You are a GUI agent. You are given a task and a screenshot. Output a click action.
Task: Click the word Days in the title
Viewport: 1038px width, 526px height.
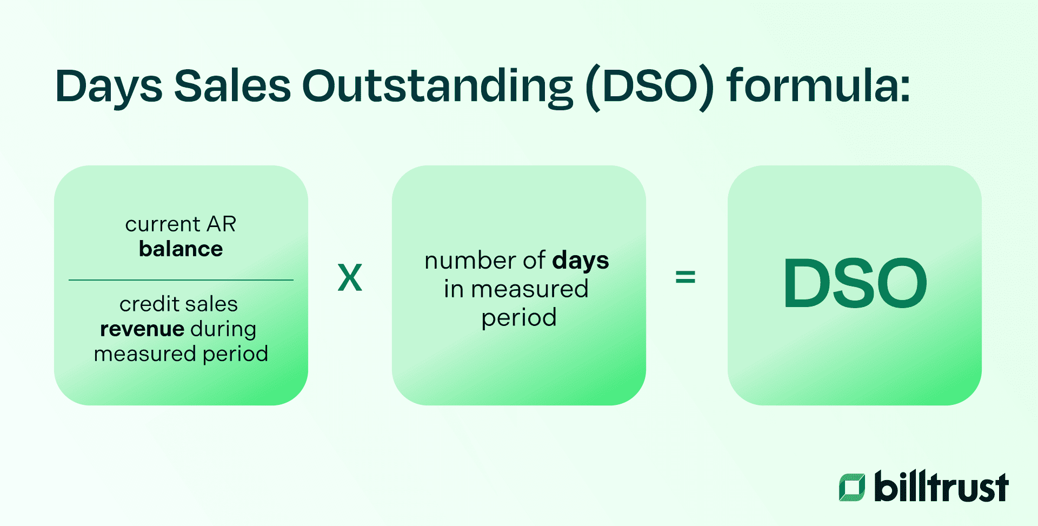[x=108, y=86]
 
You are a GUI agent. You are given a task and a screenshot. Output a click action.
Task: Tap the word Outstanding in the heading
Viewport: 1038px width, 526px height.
[x=437, y=86]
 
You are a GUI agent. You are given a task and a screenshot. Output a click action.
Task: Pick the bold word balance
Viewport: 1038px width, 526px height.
[x=181, y=249]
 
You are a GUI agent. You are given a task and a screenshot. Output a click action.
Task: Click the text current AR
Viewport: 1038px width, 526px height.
[x=181, y=224]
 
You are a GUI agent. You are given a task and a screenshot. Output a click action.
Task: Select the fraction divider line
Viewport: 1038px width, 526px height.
[x=181, y=280]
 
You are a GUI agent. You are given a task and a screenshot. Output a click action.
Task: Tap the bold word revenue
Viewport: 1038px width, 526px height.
[x=142, y=329]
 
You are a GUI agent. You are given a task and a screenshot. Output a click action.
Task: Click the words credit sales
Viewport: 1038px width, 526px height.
[x=178, y=304]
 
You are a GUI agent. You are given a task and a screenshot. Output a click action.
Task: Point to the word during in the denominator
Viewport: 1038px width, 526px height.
[x=223, y=330]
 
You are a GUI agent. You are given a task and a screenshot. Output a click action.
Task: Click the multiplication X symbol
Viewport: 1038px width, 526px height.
[x=350, y=278]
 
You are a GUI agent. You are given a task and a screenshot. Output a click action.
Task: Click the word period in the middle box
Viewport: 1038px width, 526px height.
[x=518, y=318]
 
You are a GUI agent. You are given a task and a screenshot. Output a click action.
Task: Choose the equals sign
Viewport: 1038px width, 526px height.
[x=685, y=278]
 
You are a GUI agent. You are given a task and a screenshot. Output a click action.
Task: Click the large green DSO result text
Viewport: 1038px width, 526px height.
[x=855, y=284]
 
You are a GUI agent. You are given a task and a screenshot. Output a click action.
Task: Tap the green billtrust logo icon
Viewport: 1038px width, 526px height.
[x=852, y=487]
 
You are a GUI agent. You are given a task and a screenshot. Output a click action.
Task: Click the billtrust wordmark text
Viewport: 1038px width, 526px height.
[x=941, y=487]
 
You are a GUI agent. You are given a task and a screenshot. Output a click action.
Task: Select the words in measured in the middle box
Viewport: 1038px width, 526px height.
[x=516, y=289]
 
